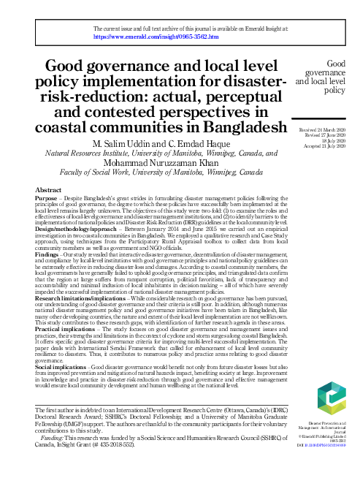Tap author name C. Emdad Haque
click(x=203, y=143)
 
